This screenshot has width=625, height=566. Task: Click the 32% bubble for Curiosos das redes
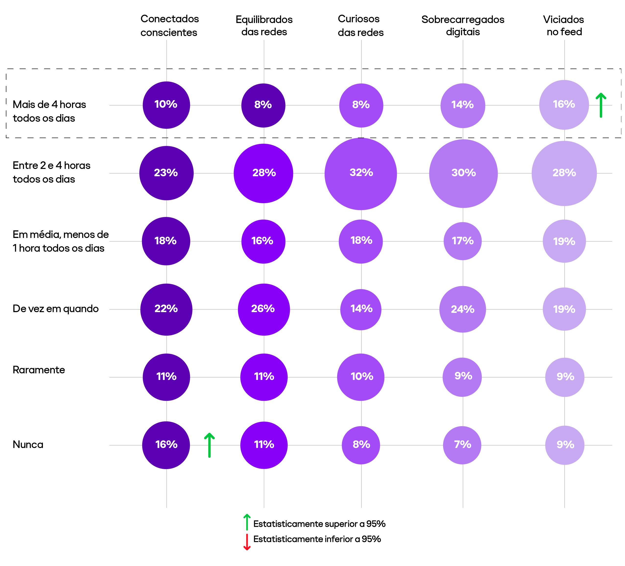361,174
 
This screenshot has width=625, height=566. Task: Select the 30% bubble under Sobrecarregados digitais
463,174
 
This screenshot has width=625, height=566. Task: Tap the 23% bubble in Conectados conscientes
166,173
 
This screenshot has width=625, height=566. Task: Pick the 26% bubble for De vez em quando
263,309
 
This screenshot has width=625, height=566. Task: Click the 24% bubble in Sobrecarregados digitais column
462,309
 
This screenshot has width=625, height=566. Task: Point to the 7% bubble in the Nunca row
462,445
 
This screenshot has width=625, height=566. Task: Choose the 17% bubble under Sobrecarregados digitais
462,241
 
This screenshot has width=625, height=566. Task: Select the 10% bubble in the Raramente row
361,377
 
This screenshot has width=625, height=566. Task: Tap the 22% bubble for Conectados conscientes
166,309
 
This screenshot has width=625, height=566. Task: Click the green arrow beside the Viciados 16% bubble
601,105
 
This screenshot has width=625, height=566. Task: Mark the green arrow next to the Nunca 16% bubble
209,445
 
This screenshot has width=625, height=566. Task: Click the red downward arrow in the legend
247,542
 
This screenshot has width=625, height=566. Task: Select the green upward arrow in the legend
247,522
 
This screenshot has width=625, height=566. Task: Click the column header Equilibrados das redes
264,25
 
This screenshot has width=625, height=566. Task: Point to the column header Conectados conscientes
169,25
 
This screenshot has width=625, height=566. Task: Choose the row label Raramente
39,370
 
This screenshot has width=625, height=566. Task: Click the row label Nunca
28,445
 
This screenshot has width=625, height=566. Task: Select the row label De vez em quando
56,309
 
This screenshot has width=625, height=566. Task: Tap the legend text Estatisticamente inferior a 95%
317,539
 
